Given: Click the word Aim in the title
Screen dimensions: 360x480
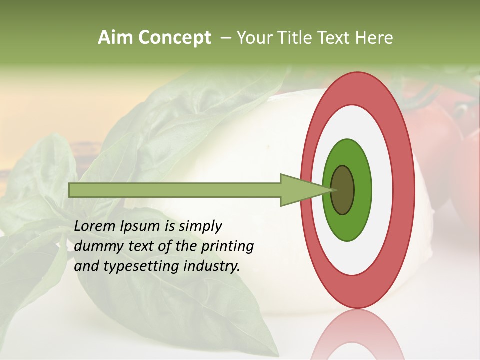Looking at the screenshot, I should click(x=116, y=38).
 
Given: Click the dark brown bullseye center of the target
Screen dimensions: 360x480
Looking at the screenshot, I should click(x=343, y=190).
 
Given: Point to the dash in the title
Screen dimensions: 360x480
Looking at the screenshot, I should click(x=225, y=38).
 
